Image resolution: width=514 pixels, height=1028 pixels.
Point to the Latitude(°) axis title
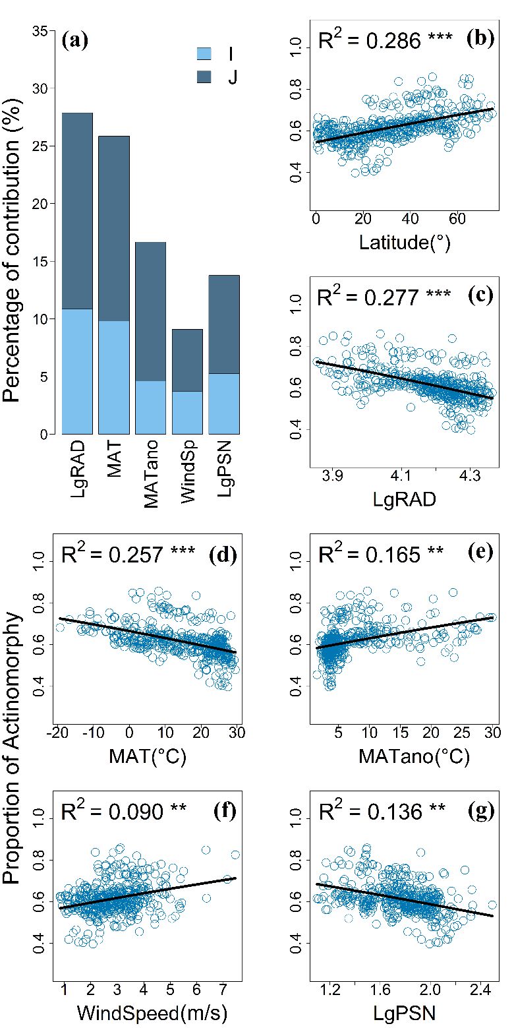pos(405,242)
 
